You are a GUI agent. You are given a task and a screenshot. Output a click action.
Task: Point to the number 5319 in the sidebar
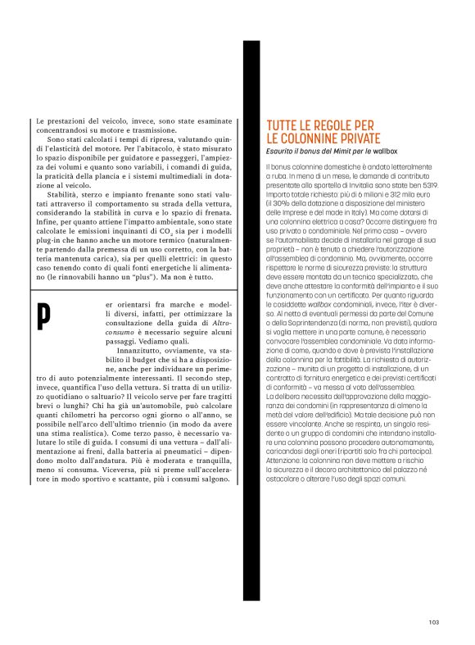(415, 185)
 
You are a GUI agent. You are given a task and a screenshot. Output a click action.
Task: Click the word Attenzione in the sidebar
(283, 460)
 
